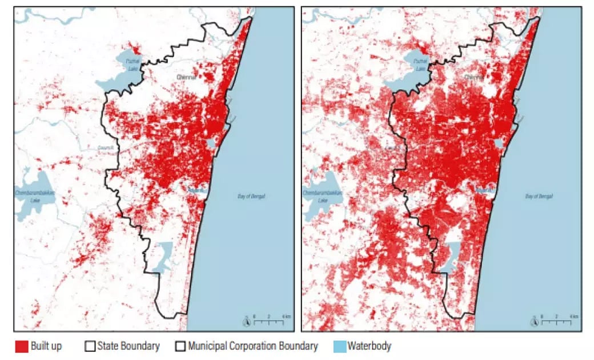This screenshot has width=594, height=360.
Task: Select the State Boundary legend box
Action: pyautogui.click(x=90, y=346)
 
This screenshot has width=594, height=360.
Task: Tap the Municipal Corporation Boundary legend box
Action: pyautogui.click(x=181, y=346)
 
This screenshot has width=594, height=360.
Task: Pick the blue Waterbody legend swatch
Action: pyautogui.click(x=339, y=346)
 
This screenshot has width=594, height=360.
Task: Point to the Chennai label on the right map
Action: pyautogui.click(x=473, y=76)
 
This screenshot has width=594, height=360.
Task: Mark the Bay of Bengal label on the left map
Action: pyautogui.click(x=251, y=197)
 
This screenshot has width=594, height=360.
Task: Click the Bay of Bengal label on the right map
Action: pyautogui.click(x=539, y=197)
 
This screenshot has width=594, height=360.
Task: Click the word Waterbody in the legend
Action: pyautogui.click(x=369, y=346)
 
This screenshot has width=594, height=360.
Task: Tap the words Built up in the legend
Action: pyautogui.click(x=47, y=346)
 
